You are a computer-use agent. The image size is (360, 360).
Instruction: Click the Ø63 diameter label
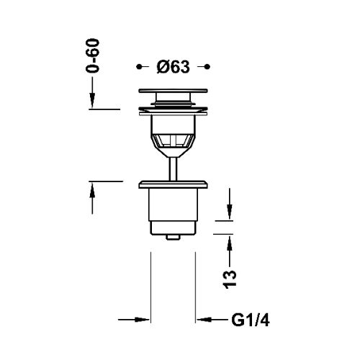point(173,67)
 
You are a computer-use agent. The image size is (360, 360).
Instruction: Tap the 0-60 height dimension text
point(92,55)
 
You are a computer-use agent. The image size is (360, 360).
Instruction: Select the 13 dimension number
point(230,279)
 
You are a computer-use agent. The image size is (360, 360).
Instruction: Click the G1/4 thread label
point(251,320)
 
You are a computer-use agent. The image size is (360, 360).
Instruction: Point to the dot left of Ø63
point(138,66)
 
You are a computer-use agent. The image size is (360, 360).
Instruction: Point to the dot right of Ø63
point(208,66)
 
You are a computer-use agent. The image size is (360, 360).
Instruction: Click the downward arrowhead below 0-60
point(92,100)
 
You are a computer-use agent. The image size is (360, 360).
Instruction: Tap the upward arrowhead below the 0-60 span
point(92,190)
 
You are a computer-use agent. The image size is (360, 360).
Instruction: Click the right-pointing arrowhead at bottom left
point(142,320)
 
